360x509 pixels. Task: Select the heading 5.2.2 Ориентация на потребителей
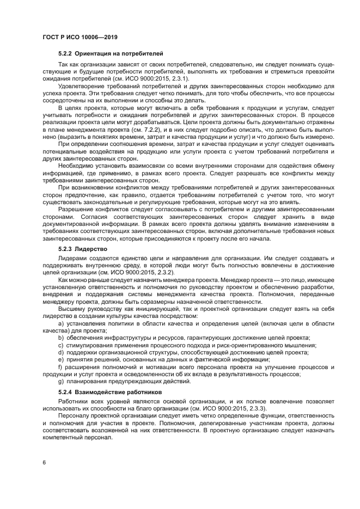point(111,53)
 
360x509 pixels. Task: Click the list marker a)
point(60,323)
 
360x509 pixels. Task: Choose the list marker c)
point(60,345)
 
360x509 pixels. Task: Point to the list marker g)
point(60,381)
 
